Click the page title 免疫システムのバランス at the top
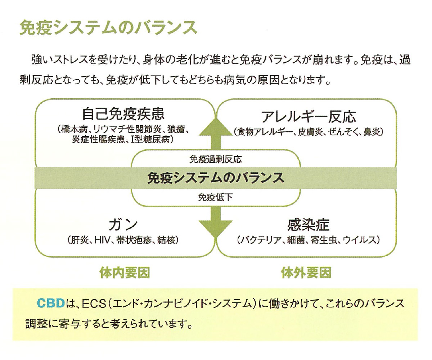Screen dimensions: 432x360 pos(108,27)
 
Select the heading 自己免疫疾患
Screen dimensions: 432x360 pos(123,114)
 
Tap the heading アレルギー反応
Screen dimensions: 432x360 pos(308,117)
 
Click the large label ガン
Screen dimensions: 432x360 pos(123,225)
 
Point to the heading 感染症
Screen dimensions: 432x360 pos(308,225)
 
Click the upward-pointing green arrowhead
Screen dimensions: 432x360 pos(216,127)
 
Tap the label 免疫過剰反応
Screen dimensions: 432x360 pos(216,159)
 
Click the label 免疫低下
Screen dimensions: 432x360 pos(216,197)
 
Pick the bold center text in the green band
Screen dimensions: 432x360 pos(216,178)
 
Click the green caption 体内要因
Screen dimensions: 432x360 pos(125,273)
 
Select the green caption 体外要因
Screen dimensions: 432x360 pos(306,273)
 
